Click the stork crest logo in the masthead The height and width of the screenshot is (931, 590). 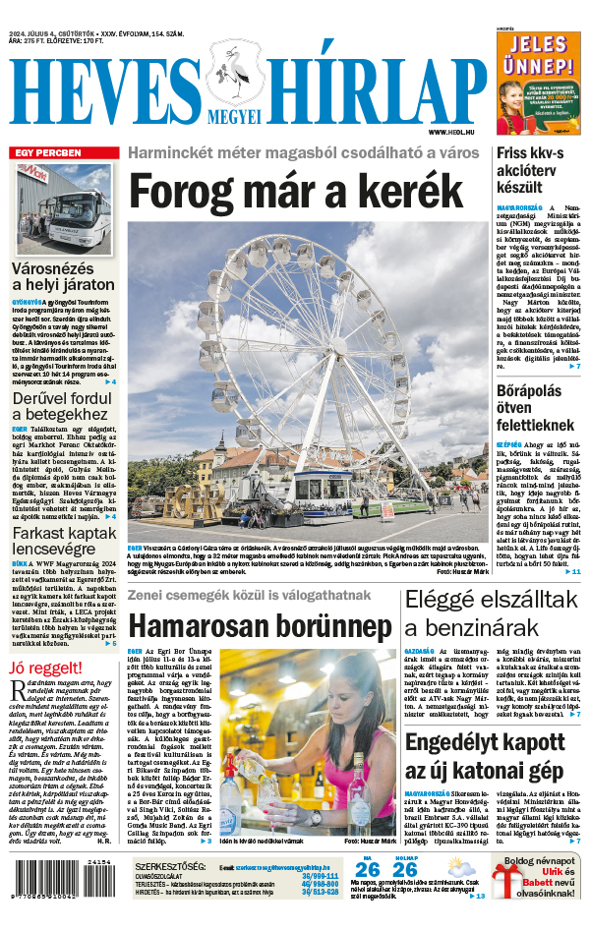[x=235, y=76]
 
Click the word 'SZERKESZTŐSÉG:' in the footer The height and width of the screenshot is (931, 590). [x=170, y=866]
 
